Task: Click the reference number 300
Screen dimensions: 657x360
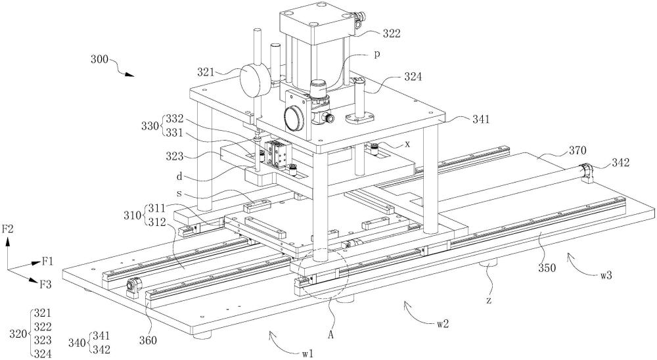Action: pyautogui.click(x=99, y=59)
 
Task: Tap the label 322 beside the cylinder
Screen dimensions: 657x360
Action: pyautogui.click(x=392, y=34)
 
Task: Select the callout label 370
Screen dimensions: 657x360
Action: pyautogui.click(x=578, y=150)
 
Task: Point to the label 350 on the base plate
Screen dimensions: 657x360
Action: pyautogui.click(x=547, y=268)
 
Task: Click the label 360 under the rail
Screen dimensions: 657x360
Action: pyautogui.click(x=147, y=340)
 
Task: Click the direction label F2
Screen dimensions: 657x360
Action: pyautogui.click(x=8, y=229)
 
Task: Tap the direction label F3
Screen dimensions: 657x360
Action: pyautogui.click(x=46, y=284)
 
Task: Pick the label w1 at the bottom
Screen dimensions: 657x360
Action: pyautogui.click(x=307, y=353)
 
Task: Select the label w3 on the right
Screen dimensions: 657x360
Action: pyautogui.click(x=605, y=276)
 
